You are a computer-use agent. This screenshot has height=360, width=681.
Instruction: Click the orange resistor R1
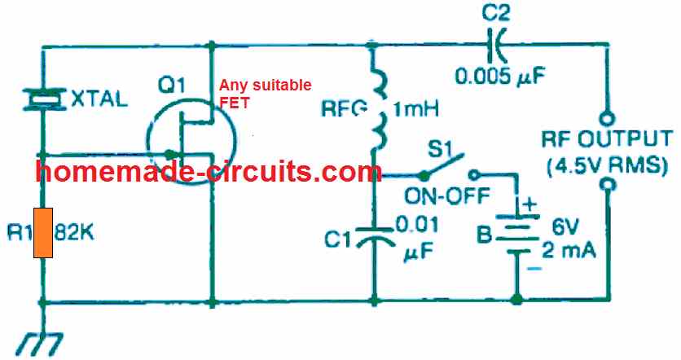(43, 232)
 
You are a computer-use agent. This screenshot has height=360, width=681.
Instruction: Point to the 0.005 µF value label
(496, 78)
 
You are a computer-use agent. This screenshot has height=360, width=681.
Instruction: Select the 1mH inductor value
(416, 108)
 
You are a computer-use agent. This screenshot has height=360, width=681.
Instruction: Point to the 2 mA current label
(570, 250)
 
